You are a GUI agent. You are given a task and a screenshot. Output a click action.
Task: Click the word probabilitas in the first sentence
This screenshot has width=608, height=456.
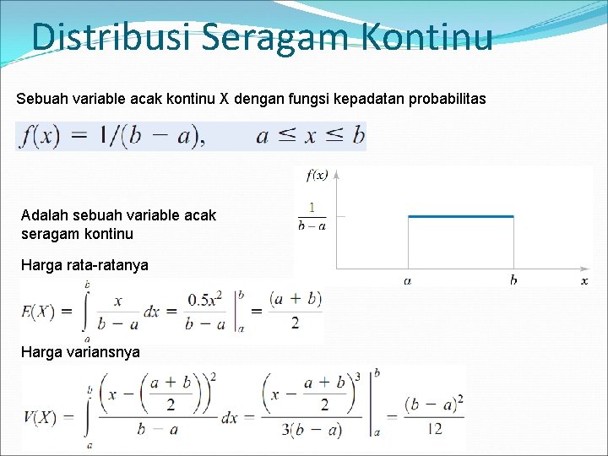(x=447, y=100)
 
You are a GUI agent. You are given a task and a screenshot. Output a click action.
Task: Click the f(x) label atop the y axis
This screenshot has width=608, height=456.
(x=318, y=175)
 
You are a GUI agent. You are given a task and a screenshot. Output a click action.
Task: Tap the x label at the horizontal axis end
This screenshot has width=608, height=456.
(x=584, y=280)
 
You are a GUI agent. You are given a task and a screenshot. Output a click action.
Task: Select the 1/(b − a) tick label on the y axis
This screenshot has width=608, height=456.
(x=312, y=216)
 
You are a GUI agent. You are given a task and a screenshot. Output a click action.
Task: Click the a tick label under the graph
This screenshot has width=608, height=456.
(x=408, y=280)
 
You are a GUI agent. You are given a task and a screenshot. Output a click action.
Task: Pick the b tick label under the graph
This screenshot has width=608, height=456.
(x=513, y=280)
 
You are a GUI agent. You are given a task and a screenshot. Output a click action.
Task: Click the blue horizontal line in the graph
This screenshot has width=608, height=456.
(x=460, y=217)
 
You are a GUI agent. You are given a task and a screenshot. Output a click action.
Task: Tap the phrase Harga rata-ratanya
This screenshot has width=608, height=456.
(x=84, y=265)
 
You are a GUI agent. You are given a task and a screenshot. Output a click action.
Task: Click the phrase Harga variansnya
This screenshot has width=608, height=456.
(x=80, y=351)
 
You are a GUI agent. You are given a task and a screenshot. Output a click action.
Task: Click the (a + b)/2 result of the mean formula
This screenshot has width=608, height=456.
(x=296, y=310)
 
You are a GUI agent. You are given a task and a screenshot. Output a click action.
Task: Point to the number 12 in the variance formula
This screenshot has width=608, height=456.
(x=435, y=428)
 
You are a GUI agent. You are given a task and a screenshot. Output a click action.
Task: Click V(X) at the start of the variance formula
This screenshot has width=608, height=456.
(x=41, y=416)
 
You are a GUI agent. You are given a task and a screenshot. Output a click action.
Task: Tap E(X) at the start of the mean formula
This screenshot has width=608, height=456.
(x=39, y=312)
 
